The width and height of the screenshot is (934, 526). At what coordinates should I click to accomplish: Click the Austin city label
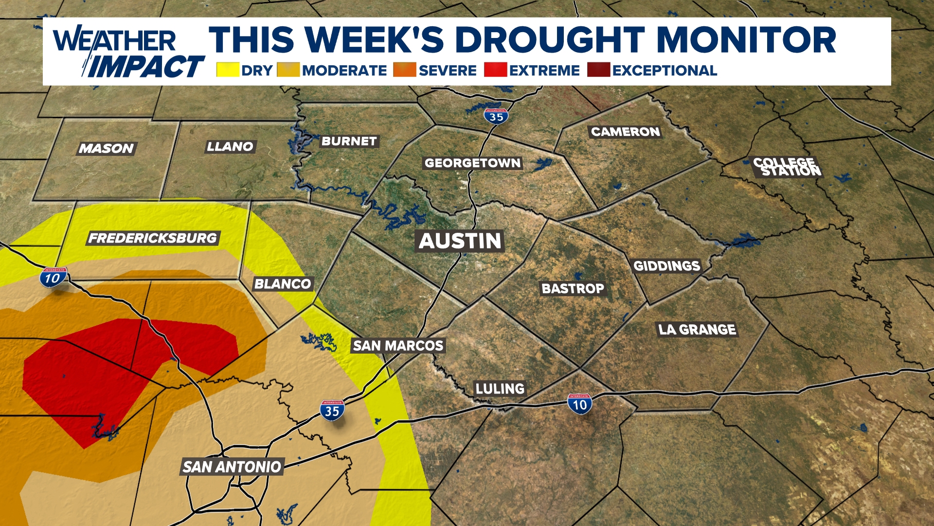[x=460, y=241]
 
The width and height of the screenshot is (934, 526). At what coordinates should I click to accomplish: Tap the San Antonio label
[x=232, y=467]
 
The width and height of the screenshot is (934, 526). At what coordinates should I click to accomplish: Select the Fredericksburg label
[x=153, y=238]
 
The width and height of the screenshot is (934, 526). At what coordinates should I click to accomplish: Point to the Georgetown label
[x=473, y=163]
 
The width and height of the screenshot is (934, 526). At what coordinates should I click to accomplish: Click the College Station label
[x=787, y=167]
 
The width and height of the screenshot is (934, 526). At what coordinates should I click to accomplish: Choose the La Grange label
[x=697, y=330]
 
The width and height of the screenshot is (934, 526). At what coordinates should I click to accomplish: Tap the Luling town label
[x=500, y=389]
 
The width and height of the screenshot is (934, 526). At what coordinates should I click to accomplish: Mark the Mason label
[x=106, y=148]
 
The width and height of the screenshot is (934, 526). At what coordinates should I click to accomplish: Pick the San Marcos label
[x=398, y=346]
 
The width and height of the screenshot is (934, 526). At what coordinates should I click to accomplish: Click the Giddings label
[x=667, y=266]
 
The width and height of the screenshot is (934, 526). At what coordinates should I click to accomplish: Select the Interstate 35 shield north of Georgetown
[x=496, y=116]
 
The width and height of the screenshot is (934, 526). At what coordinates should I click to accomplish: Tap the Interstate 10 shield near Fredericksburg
[x=53, y=277]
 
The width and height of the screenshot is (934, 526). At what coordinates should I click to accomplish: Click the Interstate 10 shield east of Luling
[x=579, y=404]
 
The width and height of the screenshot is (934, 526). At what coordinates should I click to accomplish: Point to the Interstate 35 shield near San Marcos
[x=332, y=410]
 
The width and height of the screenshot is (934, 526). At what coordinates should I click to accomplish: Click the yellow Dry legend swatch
[x=228, y=70]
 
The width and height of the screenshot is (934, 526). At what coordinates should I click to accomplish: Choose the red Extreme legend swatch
[x=495, y=70]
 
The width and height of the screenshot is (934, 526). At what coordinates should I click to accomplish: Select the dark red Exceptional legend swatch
[x=598, y=70]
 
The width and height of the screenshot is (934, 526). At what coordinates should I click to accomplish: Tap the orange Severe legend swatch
[x=405, y=70]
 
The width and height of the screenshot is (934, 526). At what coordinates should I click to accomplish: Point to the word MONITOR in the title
[x=746, y=40]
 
